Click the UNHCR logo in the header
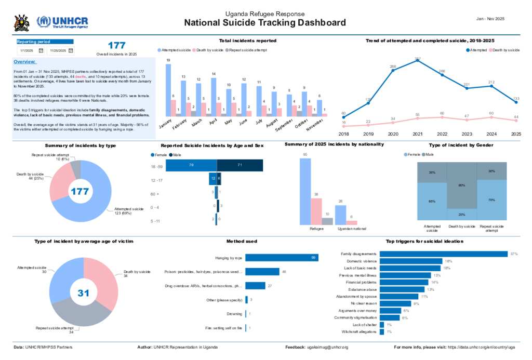point(62,22)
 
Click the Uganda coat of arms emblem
point(21,22)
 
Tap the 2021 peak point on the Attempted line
point(417,60)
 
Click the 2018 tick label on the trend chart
point(343,134)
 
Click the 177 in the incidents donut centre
point(79,192)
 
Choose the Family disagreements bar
point(443,254)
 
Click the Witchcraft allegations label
point(359,331)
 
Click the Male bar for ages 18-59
point(240,165)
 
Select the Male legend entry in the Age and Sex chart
point(176,155)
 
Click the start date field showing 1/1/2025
point(26,51)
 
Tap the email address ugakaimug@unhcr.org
point(327,347)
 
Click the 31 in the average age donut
point(84,293)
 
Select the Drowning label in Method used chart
point(235,314)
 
